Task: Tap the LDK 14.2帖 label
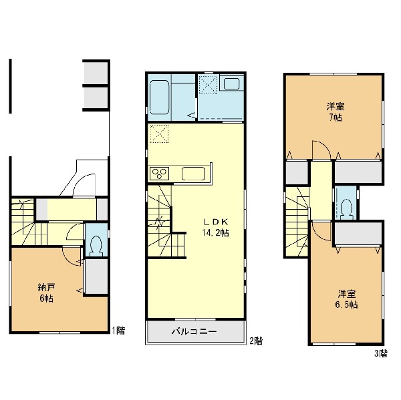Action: pyautogui.click(x=216, y=228)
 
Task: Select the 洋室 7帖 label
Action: pyautogui.click(x=336, y=112)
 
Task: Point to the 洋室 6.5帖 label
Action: pyautogui.click(x=346, y=299)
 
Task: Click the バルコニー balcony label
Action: pyautogui.click(x=194, y=331)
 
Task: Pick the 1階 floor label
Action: pyautogui.click(x=119, y=331)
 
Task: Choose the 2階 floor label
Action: pyautogui.click(x=256, y=341)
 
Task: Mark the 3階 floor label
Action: pyautogui.click(x=381, y=353)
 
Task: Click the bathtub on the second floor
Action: pyautogui.click(x=159, y=97)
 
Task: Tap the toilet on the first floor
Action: pyautogui.click(x=96, y=246)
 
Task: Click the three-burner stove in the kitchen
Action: pyautogui.click(x=159, y=173)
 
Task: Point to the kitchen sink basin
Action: pyautogui.click(x=193, y=174)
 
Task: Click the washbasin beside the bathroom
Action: pyautogui.click(x=231, y=83)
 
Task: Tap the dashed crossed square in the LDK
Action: pyautogui.click(x=159, y=134)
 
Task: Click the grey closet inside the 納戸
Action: pyautogui.click(x=96, y=276)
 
